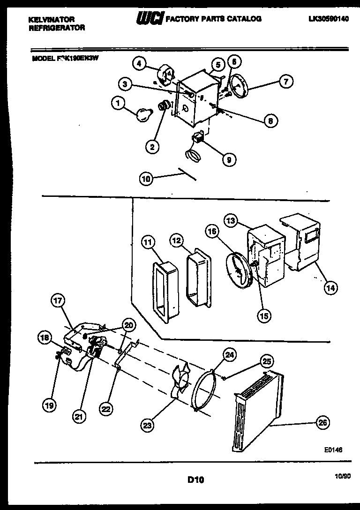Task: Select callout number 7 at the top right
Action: (285, 82)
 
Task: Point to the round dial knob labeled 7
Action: (242, 87)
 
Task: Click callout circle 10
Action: (147, 178)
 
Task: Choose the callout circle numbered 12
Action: (177, 240)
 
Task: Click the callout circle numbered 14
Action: (330, 288)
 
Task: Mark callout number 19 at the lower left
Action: (48, 406)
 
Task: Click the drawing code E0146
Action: (333, 449)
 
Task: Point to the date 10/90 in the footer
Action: (344, 476)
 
